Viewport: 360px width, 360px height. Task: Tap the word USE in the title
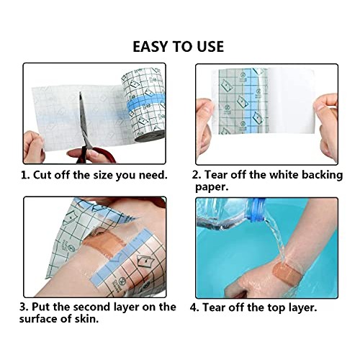click(207, 47)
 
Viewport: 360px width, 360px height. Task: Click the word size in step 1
click(112, 175)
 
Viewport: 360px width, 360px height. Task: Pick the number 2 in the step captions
click(195, 175)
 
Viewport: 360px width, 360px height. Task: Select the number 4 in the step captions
click(195, 307)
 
